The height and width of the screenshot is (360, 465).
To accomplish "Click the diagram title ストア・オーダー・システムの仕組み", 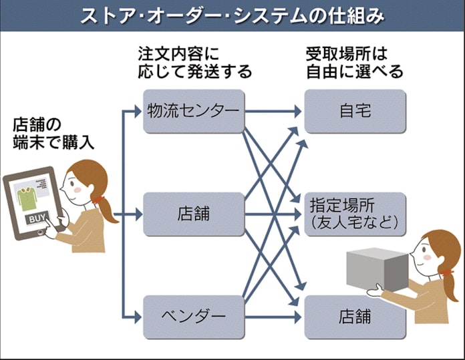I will pyautogui.click(x=232, y=15).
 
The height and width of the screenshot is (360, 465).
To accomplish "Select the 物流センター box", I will pyautogui.click(x=194, y=111).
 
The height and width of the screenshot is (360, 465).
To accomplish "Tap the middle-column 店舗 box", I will pyautogui.click(x=194, y=214).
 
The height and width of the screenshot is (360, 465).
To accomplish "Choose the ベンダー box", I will pyautogui.click(x=194, y=317).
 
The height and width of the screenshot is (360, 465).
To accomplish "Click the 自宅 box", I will pyautogui.click(x=355, y=111).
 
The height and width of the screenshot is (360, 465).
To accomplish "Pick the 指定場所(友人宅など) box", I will pyautogui.click(x=355, y=214).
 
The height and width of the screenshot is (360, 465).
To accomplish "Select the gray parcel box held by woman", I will pyautogui.click(x=377, y=270).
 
